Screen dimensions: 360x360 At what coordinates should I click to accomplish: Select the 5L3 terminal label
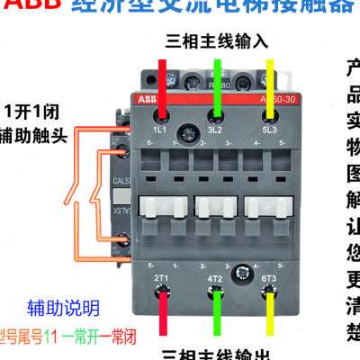point(270,131)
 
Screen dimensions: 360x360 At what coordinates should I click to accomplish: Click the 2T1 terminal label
point(163,280)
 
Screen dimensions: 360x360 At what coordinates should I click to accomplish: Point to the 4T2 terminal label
point(216,280)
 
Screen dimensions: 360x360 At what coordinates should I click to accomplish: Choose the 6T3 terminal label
point(270,280)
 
